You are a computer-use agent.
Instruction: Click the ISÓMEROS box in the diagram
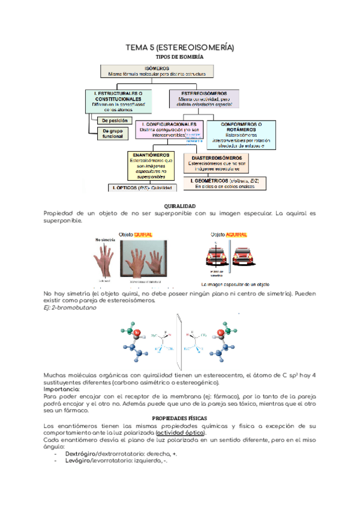(x=158, y=71)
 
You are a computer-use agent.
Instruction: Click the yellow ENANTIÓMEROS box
(x=154, y=165)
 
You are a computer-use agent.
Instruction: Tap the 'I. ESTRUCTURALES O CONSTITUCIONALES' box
(x=118, y=101)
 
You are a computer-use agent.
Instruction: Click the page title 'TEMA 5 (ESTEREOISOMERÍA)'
(x=179, y=47)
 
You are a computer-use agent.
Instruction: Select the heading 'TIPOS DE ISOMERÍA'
(x=180, y=57)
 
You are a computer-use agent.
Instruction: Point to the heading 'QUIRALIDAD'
(x=180, y=206)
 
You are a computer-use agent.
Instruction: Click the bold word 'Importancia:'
(x=62, y=390)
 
